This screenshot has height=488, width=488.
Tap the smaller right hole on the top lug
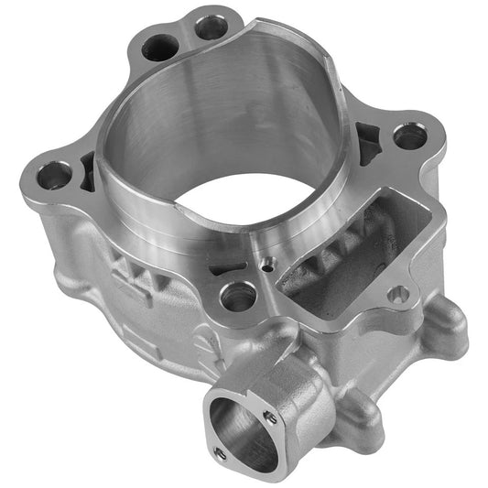211,27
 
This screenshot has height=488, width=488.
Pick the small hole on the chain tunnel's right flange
398,294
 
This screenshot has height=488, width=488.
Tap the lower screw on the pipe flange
217,451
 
